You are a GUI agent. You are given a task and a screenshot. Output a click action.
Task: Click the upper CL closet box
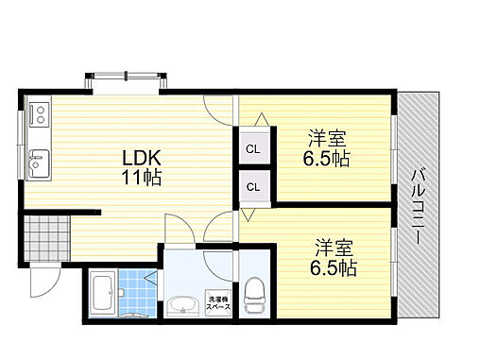(253, 148)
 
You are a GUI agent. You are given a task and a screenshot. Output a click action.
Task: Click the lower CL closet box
(253, 186)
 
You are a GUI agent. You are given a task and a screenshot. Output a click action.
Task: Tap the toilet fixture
(254, 296)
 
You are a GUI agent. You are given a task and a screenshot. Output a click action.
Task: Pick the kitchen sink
(39, 162)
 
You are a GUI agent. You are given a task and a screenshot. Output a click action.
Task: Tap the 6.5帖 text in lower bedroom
(334, 268)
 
